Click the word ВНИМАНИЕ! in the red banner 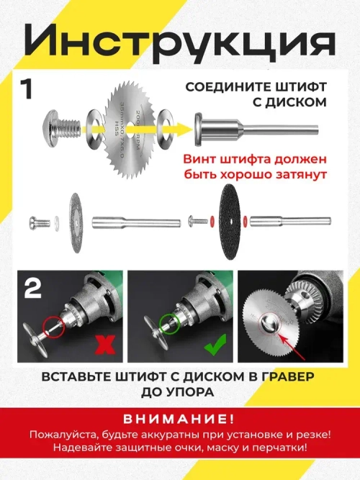[179, 420]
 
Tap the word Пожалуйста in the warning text [62, 435]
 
